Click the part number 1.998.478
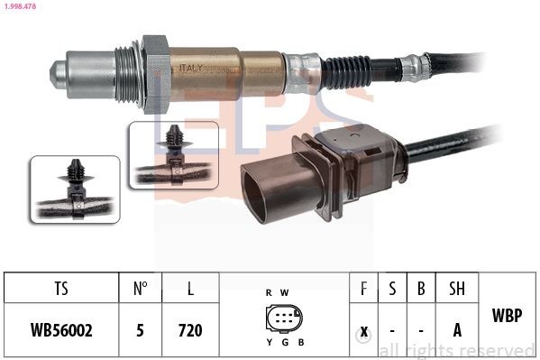click(21, 6)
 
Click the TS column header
click(61, 291)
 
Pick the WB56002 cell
click(61, 330)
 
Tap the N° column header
click(140, 291)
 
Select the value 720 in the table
click(189, 330)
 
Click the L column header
click(189, 291)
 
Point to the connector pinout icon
click(284, 320)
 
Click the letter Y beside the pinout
click(268, 343)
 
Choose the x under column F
click(364, 330)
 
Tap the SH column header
click(457, 291)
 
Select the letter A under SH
click(457, 330)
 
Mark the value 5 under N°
click(140, 330)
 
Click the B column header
click(421, 291)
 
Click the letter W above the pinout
click(287, 293)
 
